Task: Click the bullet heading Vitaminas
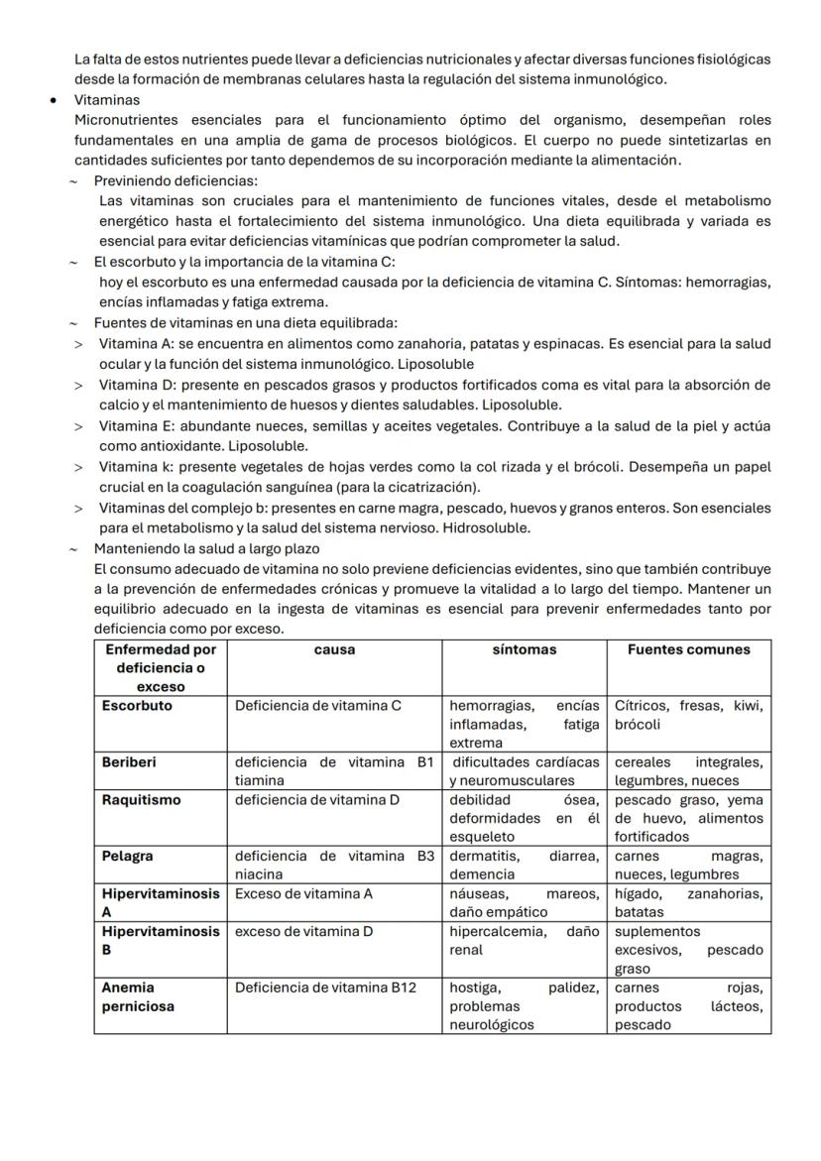106,100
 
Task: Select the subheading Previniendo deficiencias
176,180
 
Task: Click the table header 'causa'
334,650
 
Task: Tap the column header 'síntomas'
524,650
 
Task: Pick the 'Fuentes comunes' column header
688,650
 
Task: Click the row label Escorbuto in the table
137,706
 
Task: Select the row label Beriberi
129,762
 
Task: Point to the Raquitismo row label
139,800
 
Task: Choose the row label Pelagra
128,856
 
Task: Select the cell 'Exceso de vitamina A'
303,893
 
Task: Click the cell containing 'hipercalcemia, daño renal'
524,941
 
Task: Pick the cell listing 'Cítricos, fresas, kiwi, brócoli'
688,715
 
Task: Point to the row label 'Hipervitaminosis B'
160,941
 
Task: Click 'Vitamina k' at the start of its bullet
134,466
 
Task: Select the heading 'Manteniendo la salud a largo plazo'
206,548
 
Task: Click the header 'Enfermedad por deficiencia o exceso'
161,667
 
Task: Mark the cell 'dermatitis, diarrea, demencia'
524,865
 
